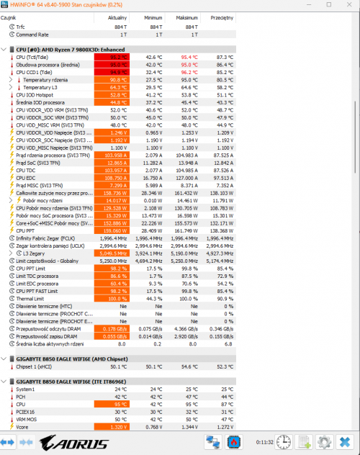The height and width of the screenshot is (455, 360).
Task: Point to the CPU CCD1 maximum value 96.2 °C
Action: [189, 72]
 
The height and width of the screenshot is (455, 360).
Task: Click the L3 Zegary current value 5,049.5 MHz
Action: [110, 253]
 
